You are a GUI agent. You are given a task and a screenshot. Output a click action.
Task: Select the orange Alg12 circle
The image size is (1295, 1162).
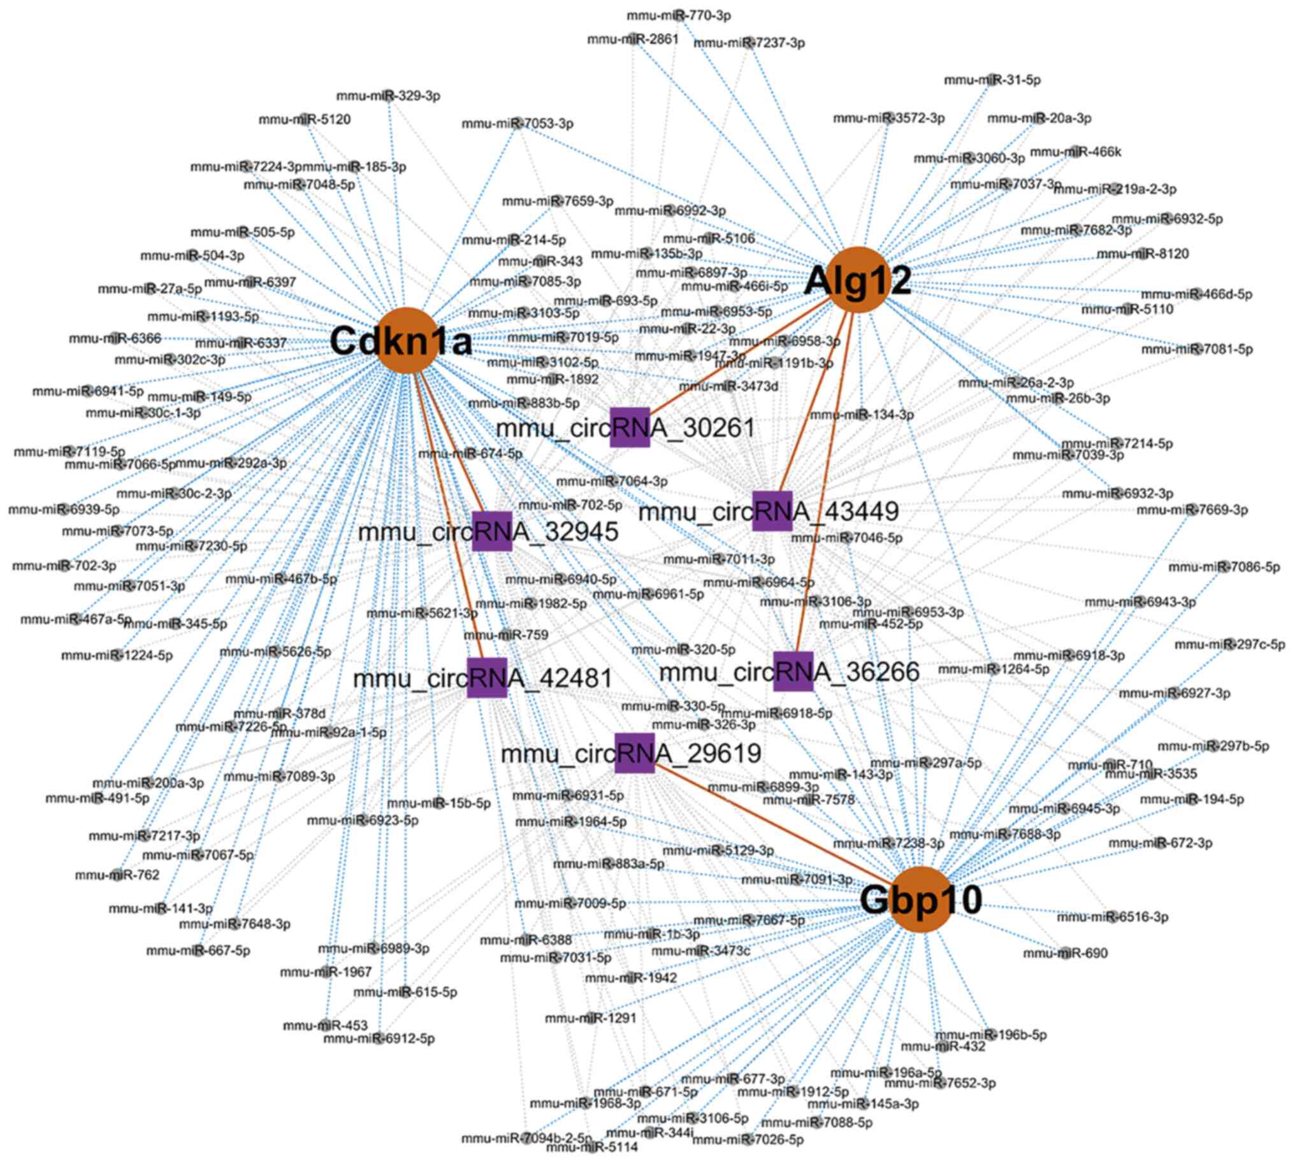click(x=860, y=280)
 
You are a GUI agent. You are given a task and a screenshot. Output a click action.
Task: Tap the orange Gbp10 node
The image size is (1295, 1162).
click(x=922, y=899)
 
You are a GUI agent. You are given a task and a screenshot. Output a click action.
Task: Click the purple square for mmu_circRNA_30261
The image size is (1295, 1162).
click(x=630, y=427)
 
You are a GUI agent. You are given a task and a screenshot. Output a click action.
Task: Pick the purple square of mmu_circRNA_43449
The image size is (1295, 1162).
click(x=772, y=511)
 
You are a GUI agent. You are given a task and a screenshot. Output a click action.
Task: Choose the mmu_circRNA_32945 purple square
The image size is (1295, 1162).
click(x=492, y=531)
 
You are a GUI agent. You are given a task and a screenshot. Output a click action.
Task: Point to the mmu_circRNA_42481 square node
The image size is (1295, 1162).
click(x=487, y=677)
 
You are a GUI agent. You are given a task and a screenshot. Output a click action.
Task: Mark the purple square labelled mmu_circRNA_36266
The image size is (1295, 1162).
click(x=793, y=671)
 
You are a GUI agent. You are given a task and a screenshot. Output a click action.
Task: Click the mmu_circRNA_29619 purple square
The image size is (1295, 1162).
click(x=635, y=753)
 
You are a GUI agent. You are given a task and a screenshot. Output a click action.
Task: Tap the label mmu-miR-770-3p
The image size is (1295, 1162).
click(x=679, y=15)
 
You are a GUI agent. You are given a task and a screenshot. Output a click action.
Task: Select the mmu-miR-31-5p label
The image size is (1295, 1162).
click(x=992, y=80)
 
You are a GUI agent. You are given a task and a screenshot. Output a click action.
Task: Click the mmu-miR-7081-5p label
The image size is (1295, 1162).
click(x=1197, y=349)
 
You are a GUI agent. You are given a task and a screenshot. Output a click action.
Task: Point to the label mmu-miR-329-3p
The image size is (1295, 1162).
click(x=388, y=96)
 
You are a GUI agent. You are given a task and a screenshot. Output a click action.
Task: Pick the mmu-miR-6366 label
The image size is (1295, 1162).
click(x=115, y=338)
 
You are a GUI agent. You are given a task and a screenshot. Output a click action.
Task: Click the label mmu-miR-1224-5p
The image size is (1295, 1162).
click(x=117, y=655)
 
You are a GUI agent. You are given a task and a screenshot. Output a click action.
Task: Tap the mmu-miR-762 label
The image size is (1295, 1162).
click(x=117, y=875)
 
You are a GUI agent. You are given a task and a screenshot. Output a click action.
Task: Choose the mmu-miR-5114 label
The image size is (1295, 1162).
click(x=592, y=1147)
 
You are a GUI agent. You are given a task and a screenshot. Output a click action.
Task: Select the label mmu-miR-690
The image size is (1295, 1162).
click(x=1065, y=953)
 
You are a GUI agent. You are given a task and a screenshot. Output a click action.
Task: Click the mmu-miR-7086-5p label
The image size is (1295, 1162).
click(x=1224, y=567)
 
